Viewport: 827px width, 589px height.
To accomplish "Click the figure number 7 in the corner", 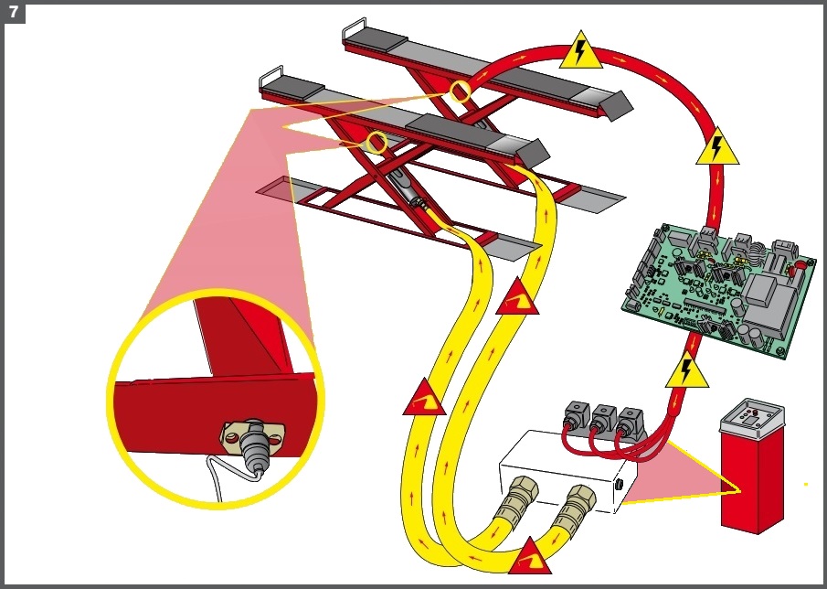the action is click(14, 12).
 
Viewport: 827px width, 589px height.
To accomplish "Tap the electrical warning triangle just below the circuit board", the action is click(686, 371).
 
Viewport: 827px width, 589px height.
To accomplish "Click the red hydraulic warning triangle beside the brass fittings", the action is click(530, 559).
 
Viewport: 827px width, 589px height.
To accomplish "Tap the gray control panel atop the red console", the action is click(751, 417).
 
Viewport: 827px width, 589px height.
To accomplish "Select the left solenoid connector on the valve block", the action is click(577, 415).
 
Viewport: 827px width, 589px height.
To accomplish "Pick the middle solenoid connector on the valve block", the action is click(603, 418).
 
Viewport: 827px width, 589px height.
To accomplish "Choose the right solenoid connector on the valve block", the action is click(630, 421).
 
